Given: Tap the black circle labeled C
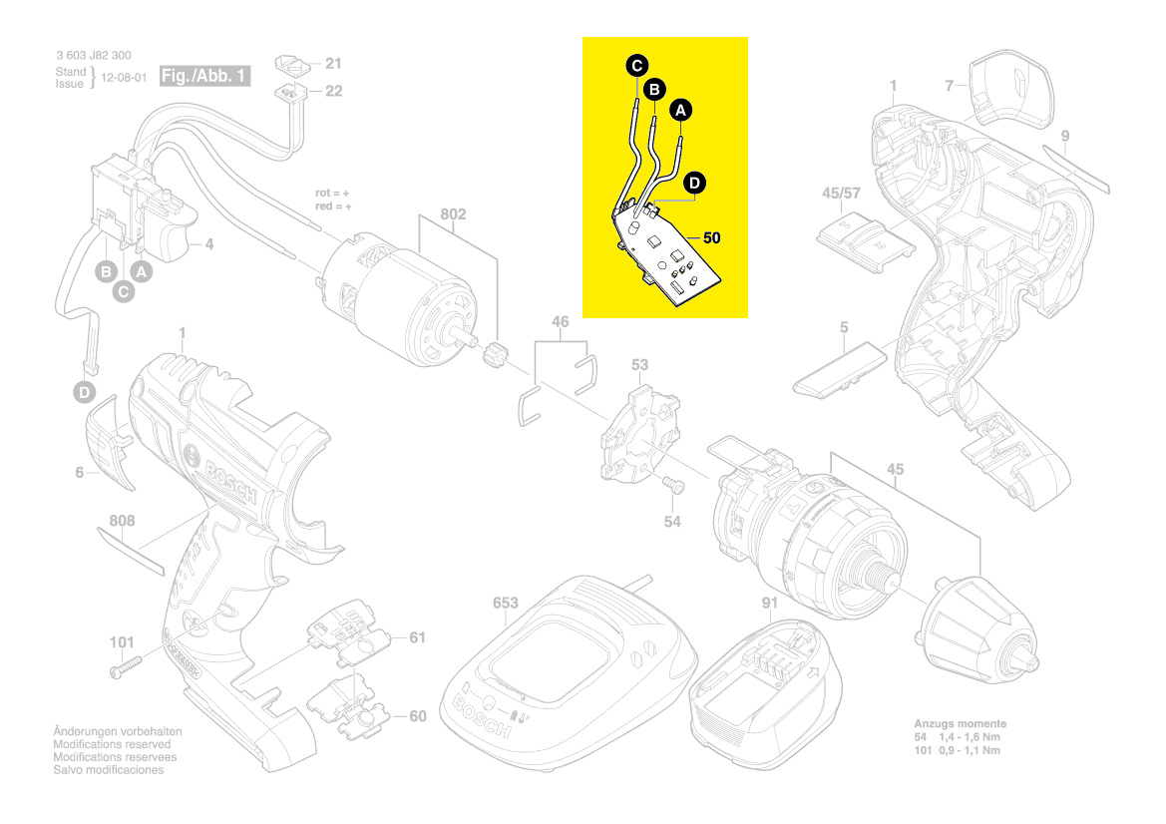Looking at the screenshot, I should (x=635, y=66).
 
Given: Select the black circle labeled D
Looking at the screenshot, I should (x=694, y=183).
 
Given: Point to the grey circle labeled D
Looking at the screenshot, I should (x=86, y=393).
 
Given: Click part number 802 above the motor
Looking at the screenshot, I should (x=453, y=214).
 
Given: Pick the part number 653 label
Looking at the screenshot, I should (x=507, y=604).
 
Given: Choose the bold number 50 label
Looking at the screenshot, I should (x=711, y=238).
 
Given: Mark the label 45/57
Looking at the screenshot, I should (x=840, y=193).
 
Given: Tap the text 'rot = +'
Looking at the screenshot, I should (x=333, y=193).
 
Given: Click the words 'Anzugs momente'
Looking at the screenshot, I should (x=960, y=723).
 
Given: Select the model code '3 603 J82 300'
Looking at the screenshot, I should (x=93, y=56).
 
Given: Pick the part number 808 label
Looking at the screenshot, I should (x=122, y=520).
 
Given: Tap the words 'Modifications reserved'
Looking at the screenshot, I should (x=112, y=744).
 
